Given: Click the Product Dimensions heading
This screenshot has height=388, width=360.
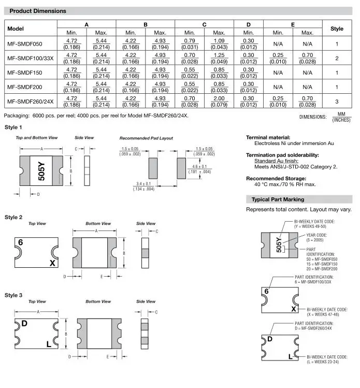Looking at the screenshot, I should pos(38,11).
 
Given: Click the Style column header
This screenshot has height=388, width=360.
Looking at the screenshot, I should pos(337,29).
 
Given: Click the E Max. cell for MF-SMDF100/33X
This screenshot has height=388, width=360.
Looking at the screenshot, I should pos(307,59).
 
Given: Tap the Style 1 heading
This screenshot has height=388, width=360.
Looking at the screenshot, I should pos(13,127).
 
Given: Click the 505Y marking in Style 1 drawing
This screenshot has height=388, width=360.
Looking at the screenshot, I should pos(41,171).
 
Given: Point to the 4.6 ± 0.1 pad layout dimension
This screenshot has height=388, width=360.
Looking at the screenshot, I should pos(199,169).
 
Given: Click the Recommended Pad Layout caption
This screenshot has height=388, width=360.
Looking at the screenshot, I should pos(146,138).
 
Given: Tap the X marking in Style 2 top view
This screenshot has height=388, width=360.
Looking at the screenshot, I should pos(52,263).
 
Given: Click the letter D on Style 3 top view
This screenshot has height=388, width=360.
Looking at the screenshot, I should pos(24,324).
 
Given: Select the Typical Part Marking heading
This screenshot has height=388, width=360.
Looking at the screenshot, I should pos(278,199).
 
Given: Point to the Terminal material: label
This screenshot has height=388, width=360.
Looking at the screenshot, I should pos(268,137).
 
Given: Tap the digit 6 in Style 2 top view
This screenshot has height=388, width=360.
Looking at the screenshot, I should pos(21,242).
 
